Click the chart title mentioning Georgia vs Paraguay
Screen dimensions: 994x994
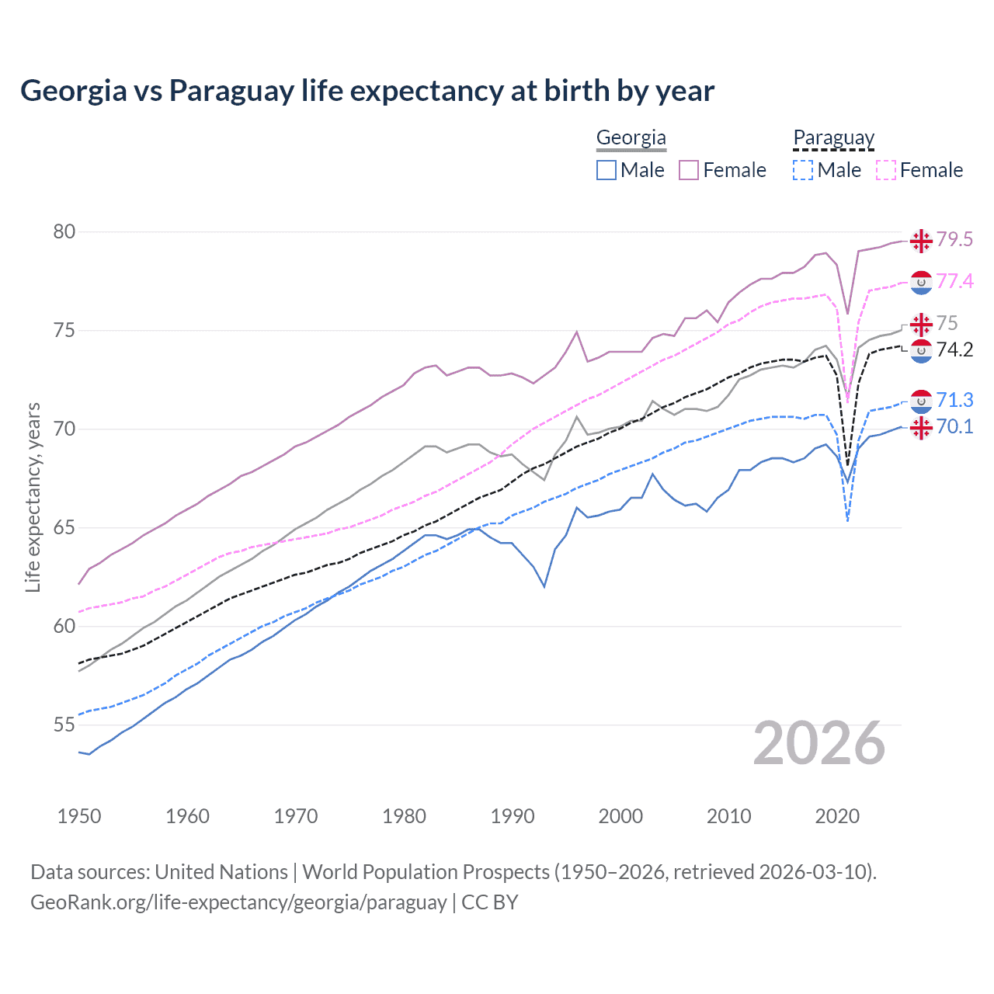[367, 91]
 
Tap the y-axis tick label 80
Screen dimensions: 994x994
[64, 232]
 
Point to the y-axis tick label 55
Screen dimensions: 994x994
[64, 725]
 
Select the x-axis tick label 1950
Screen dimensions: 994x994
[79, 816]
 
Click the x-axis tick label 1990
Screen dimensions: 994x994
[513, 816]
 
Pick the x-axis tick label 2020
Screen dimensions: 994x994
[837, 816]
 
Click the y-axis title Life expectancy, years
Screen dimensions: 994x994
[33, 497]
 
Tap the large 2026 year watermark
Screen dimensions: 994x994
[818, 743]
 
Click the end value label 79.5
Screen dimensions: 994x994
[954, 240]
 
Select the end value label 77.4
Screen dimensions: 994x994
[954, 281]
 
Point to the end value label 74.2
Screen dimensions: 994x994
[954, 350]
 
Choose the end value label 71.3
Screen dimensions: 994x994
[954, 400]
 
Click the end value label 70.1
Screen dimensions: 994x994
[954, 427]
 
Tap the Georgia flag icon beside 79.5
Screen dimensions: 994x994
[921, 241]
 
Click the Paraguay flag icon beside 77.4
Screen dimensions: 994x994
[921, 283]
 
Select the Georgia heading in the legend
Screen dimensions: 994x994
[631, 138]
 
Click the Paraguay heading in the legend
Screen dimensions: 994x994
[833, 138]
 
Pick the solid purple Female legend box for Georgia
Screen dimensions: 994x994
[689, 170]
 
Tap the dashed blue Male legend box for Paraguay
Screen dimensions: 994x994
[803, 170]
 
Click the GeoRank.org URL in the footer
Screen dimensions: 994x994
[238, 902]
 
